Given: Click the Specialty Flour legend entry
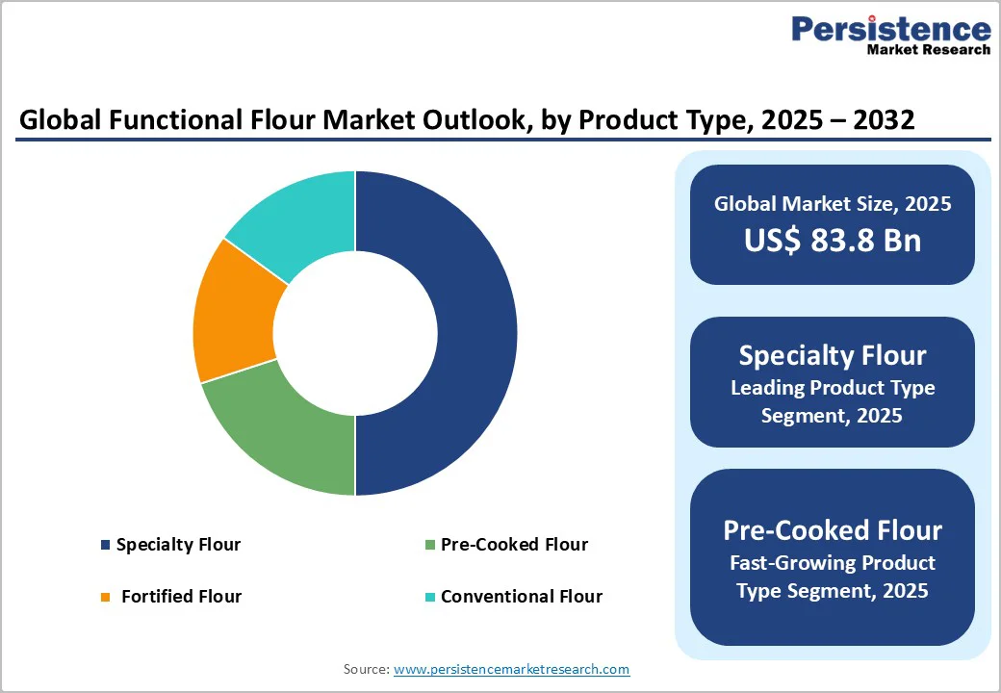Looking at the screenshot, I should pyautogui.click(x=178, y=545).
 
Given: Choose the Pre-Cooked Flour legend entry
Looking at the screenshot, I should pyautogui.click(x=514, y=545).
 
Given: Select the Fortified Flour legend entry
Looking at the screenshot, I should pyautogui.click(x=181, y=597).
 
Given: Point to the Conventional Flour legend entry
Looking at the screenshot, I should pyautogui.click(x=521, y=597).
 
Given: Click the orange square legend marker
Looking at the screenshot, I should pyautogui.click(x=105, y=598).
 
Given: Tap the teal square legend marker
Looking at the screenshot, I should pyautogui.click(x=430, y=598).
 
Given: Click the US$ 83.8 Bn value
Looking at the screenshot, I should pyautogui.click(x=832, y=241).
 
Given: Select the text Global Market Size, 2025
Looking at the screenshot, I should pyautogui.click(x=832, y=203).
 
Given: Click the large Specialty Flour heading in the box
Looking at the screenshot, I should pyautogui.click(x=832, y=355).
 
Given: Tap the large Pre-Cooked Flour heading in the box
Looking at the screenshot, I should pyautogui.click(x=832, y=530).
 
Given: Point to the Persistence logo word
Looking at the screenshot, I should pyautogui.click(x=890, y=28).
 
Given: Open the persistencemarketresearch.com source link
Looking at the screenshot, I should pyautogui.click(x=511, y=669).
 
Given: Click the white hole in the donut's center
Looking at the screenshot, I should pyautogui.click(x=355, y=333).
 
